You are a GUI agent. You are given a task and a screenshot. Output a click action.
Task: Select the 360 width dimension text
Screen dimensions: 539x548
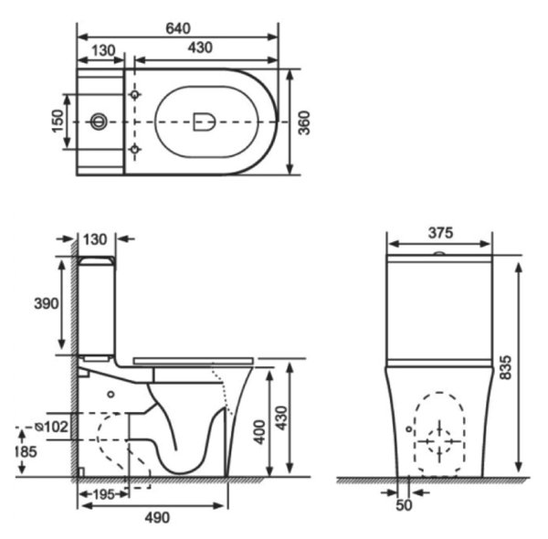(x=305, y=121)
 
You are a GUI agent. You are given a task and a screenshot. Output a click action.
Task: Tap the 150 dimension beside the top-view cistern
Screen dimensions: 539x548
(x=57, y=120)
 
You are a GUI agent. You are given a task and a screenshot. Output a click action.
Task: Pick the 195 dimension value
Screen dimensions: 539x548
(x=103, y=494)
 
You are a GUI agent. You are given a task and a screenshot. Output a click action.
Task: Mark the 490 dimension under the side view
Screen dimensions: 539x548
(x=156, y=518)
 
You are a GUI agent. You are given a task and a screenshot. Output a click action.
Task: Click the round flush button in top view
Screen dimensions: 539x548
(x=100, y=121)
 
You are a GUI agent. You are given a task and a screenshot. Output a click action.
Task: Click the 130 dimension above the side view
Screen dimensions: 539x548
(x=95, y=239)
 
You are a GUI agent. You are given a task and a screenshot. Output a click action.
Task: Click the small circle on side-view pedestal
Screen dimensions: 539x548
(x=111, y=395)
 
